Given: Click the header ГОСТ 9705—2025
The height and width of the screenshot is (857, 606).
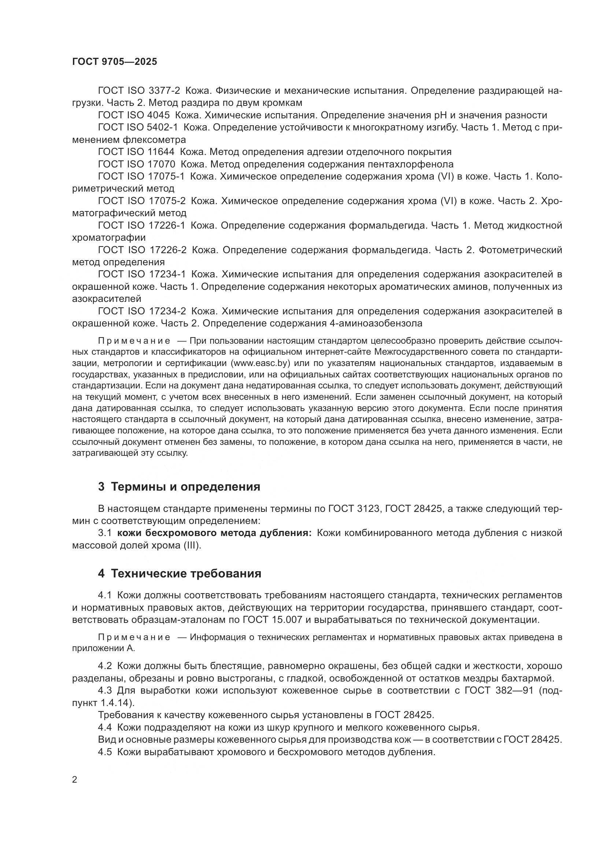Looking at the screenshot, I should tap(115, 62).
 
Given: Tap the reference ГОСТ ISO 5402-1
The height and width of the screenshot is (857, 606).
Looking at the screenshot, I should tap(138, 128).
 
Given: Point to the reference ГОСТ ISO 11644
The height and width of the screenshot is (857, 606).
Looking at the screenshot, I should tap(136, 152).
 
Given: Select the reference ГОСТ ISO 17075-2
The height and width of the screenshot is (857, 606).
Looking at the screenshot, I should tap(141, 201).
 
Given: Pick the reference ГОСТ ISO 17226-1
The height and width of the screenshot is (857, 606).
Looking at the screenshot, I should tap(141, 225).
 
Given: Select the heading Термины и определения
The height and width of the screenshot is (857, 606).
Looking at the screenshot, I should tap(185, 487).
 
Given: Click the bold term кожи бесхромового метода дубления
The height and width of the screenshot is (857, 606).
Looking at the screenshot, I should tap(214, 533).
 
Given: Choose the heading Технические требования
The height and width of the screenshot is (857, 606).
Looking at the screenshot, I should tap(186, 574).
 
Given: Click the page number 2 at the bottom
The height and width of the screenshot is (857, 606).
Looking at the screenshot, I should tap(75, 780).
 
